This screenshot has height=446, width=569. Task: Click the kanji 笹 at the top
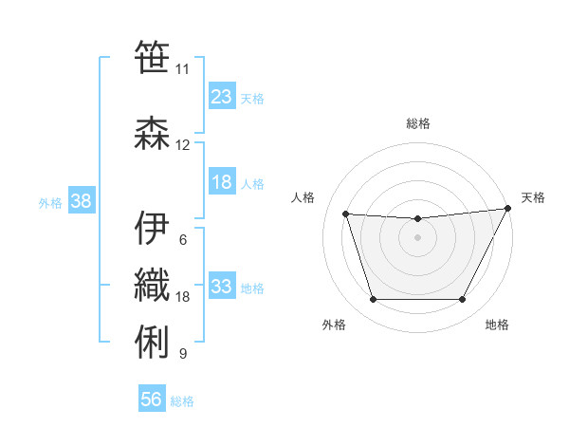tap(151, 56)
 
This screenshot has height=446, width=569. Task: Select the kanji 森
tap(151, 133)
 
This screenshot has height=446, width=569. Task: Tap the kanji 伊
tap(151, 227)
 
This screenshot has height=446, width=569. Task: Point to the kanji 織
tap(151, 285)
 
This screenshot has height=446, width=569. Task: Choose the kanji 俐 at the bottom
tap(151, 341)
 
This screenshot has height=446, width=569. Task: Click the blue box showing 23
tap(222, 97)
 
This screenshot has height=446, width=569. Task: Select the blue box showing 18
tap(222, 183)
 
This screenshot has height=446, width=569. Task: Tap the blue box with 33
tap(222, 287)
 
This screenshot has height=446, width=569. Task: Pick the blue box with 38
tap(82, 201)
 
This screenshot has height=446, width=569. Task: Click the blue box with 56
tap(152, 400)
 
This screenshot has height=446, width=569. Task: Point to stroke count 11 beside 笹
tap(182, 68)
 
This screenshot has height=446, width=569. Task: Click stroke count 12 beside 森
tap(183, 145)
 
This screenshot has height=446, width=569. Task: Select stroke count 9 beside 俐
tap(183, 354)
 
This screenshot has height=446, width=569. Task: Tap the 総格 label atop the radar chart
tap(417, 123)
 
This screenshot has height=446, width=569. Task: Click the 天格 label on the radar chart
tap(533, 197)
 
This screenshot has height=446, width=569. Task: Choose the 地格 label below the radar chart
tap(497, 325)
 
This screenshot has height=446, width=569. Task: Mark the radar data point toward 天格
tap(508, 209)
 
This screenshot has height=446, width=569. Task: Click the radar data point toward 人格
tap(345, 214)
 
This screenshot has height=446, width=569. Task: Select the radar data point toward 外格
tap(373, 300)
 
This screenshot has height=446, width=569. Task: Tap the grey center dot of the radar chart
tap(417, 237)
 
